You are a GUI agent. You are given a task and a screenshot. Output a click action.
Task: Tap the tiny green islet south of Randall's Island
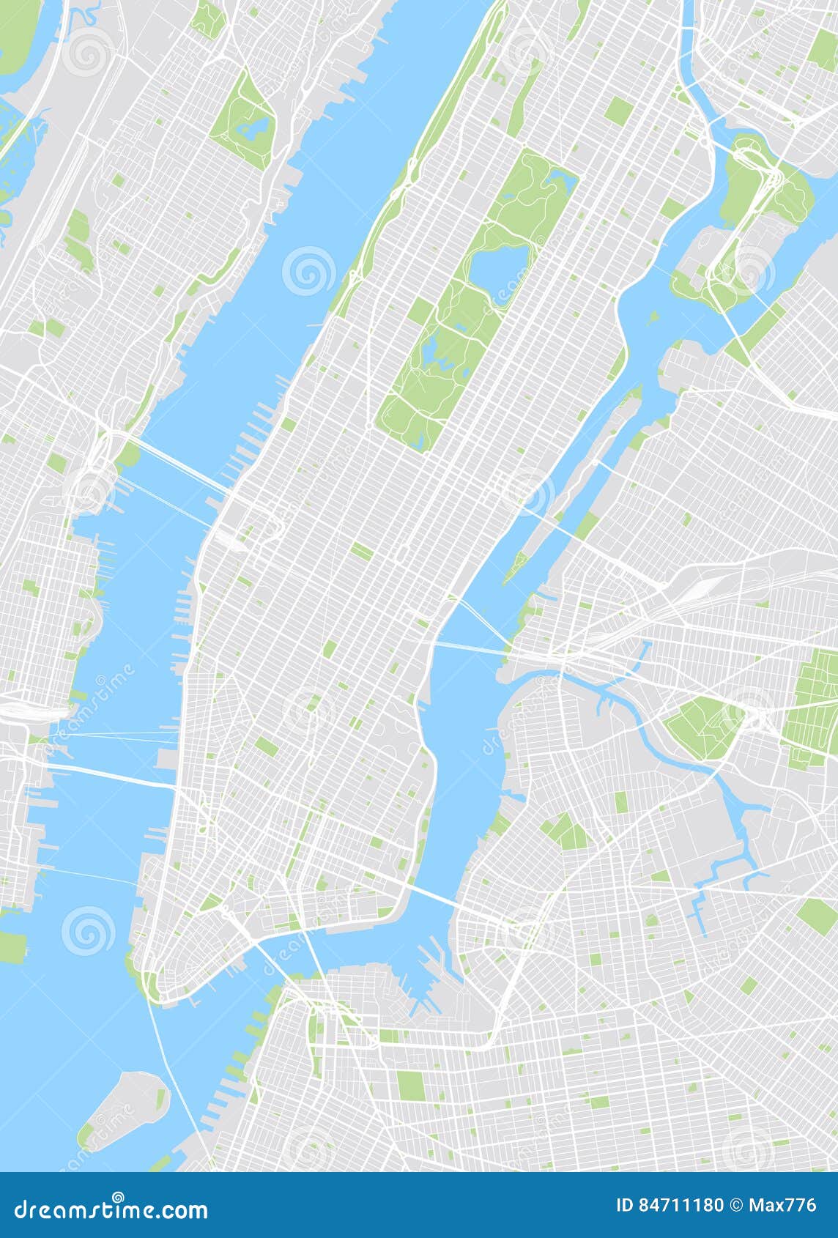(x=651, y=317)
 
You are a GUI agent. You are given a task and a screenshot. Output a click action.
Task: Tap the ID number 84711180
(x=670, y=1205)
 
